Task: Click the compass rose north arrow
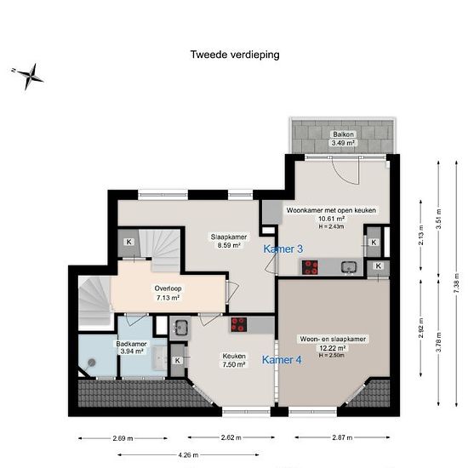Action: pyautogui.click(x=28, y=76)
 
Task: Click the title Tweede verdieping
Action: pyautogui.click(x=235, y=55)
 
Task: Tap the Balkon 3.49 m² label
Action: pyautogui.click(x=343, y=139)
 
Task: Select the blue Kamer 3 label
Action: pyautogui.click(x=283, y=249)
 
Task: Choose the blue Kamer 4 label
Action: pyautogui.click(x=282, y=360)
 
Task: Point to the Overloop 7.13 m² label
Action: pyautogui.click(x=168, y=293)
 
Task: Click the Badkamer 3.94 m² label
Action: pyautogui.click(x=131, y=347)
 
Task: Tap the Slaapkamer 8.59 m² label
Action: pyautogui.click(x=229, y=241)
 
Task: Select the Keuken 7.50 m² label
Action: pyautogui.click(x=234, y=360)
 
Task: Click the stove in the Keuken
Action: pyautogui.click(x=239, y=324)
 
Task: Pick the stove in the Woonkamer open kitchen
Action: pyautogui.click(x=310, y=267)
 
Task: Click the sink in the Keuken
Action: pyautogui.click(x=180, y=328)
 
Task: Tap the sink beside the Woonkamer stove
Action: pyautogui.click(x=349, y=267)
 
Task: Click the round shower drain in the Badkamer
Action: pyautogui.click(x=92, y=362)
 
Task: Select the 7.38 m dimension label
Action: pyautogui.click(x=456, y=283)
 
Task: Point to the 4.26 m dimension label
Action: pyautogui.click(x=188, y=455)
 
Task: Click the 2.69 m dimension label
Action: pyautogui.click(x=123, y=438)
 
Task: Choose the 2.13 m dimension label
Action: pyautogui.click(x=421, y=235)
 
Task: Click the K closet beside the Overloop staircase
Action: pyautogui.click(x=129, y=242)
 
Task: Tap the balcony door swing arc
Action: pyautogui.click(x=343, y=172)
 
